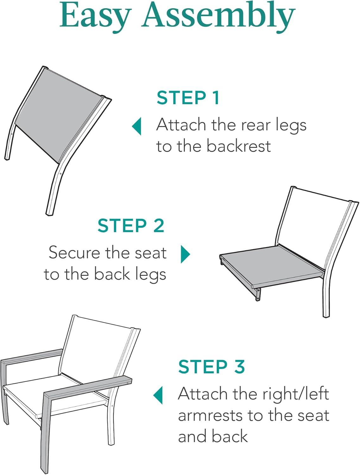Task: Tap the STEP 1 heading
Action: coord(188,98)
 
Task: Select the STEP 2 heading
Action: coord(131,225)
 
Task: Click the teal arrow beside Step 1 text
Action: coord(137,126)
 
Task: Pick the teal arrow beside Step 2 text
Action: coord(185,254)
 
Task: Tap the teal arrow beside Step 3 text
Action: coord(158,395)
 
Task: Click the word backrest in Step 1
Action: coord(238,146)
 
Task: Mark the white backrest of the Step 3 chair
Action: coord(95,355)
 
